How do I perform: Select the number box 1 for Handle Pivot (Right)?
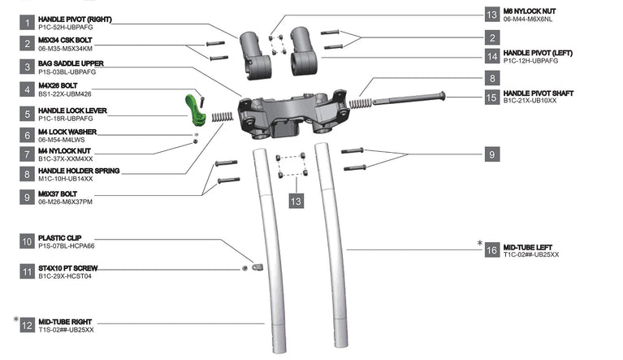27,23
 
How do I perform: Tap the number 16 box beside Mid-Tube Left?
492,250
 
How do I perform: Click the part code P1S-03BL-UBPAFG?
67,72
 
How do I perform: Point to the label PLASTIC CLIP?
59,238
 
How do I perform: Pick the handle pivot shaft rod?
409,98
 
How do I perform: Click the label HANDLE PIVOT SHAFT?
539,93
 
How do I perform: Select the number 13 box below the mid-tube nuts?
296,201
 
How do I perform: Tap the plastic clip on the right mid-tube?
257,267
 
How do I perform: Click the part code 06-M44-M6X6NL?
528,19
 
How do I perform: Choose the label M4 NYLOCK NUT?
64,151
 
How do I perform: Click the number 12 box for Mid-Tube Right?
27,325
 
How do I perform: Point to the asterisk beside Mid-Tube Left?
479,243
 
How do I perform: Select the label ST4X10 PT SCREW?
68,268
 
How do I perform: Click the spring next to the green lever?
222,116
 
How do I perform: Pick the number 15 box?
492,97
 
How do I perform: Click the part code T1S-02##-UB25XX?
66,330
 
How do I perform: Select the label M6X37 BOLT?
58,194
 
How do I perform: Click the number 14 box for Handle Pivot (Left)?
492,56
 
